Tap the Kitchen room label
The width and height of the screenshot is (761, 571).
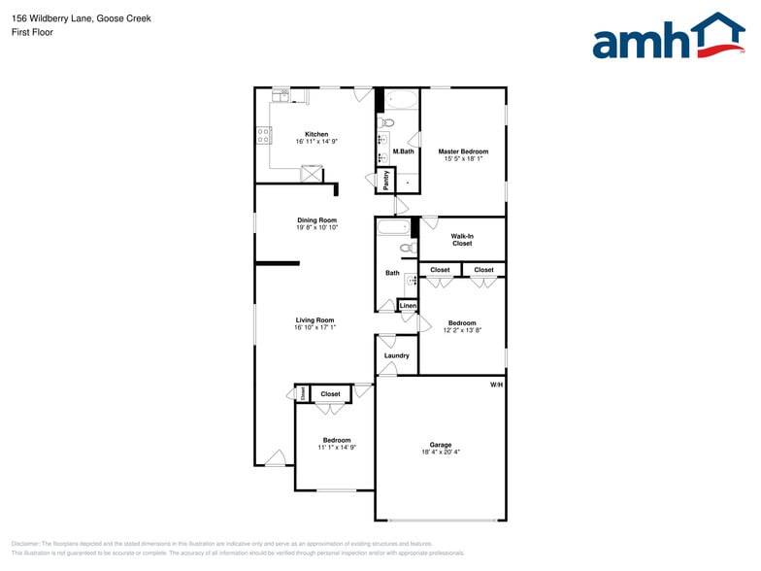click(316, 134)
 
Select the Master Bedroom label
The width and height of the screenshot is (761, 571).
click(463, 151)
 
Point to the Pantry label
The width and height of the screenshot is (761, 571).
click(386, 180)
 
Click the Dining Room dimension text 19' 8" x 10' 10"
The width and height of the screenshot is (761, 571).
click(317, 227)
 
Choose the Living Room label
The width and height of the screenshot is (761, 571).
click(315, 319)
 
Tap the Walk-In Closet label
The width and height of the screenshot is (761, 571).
click(462, 239)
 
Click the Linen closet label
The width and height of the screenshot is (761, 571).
click(408, 307)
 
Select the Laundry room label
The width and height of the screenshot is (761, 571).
click(396, 355)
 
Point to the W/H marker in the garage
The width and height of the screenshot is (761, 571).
click(496, 386)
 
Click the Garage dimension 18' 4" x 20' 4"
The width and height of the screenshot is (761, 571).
click(441, 452)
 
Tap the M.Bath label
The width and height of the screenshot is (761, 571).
click(404, 151)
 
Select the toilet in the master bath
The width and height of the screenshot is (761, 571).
click(386, 123)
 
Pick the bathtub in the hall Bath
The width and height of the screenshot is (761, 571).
click(393, 229)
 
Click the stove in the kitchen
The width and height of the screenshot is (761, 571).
click(263, 137)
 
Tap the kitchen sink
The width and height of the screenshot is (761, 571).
click(281, 94)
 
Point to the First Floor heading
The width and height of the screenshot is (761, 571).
click(32, 32)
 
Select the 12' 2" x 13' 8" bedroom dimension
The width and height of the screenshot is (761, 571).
click(462, 331)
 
